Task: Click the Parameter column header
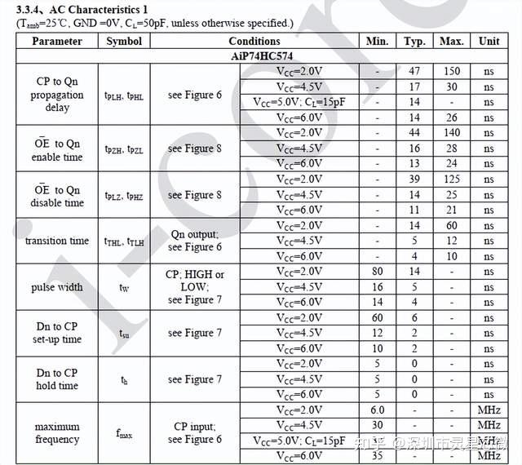(x=57, y=41)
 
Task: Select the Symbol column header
(x=123, y=41)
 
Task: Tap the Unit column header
(x=489, y=41)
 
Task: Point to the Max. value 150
(x=451, y=71)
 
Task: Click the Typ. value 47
(x=414, y=71)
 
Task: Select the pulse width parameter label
(x=57, y=287)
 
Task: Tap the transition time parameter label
(x=57, y=241)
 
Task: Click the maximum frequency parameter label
(x=57, y=433)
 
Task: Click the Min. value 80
(x=377, y=272)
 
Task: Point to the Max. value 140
(x=451, y=133)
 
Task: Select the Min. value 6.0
(x=377, y=410)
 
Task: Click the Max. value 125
(x=451, y=179)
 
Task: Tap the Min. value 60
(x=377, y=318)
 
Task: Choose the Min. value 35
(x=377, y=457)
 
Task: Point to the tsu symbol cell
(x=123, y=334)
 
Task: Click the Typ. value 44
(x=414, y=133)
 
